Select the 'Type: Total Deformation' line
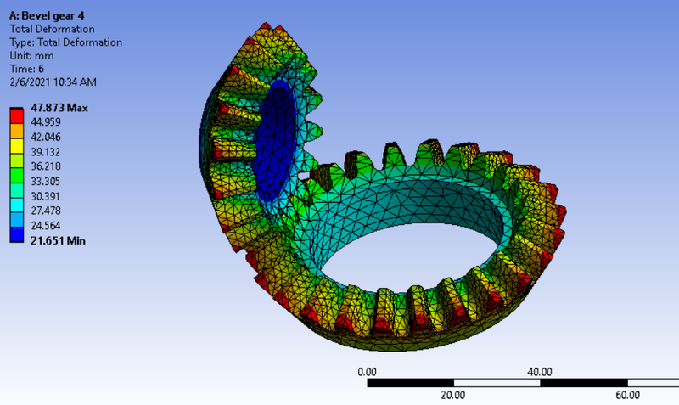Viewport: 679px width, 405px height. (x=65, y=42)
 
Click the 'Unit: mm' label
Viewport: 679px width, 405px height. (x=31, y=55)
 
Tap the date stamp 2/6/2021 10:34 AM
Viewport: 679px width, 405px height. (x=53, y=82)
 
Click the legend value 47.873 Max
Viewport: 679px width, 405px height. (x=59, y=108)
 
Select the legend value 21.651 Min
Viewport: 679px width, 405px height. (x=58, y=241)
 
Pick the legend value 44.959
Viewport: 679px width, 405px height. (x=46, y=122)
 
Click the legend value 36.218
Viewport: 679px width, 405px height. (x=46, y=166)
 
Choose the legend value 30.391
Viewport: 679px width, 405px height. (x=46, y=196)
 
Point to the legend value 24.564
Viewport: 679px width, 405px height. (x=46, y=226)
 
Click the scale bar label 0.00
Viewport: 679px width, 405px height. (x=367, y=371)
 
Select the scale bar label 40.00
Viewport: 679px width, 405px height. (x=540, y=371)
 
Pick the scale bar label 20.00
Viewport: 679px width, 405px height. (x=453, y=395)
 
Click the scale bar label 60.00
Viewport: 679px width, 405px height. (x=626, y=395)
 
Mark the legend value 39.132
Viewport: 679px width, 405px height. (x=46, y=152)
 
